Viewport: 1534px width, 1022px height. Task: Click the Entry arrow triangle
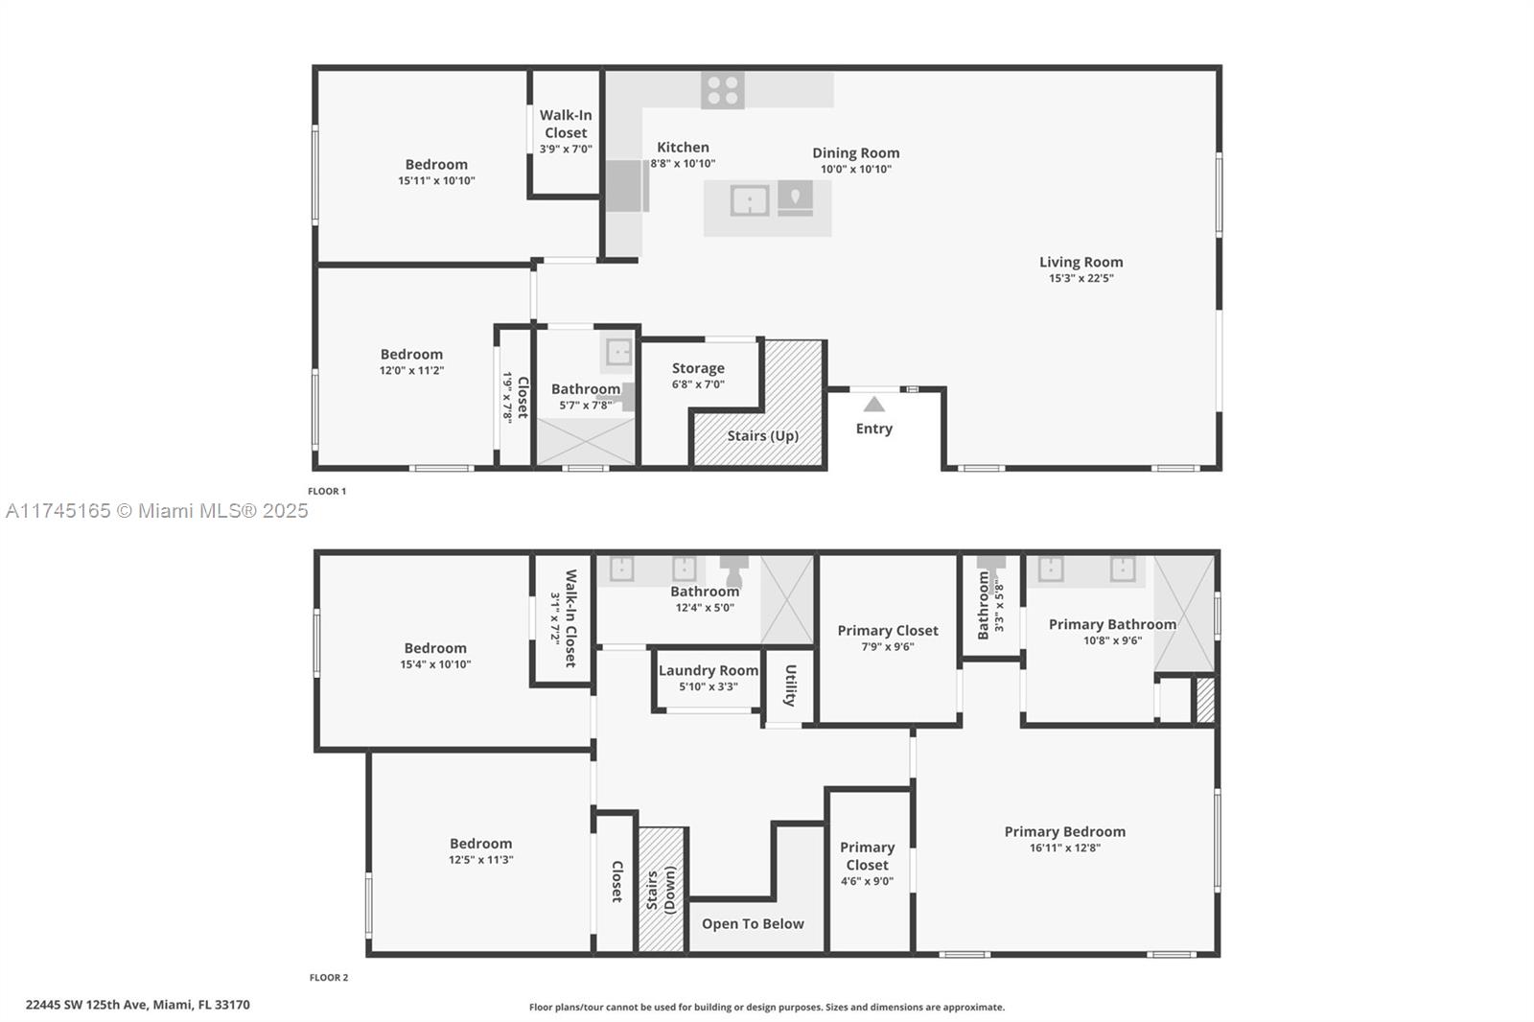873,405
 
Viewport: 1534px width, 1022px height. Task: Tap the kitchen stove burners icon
723,90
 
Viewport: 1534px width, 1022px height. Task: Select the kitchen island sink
749,200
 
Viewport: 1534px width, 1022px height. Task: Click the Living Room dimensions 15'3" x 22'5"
1081,278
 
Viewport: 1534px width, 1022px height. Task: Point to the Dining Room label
856,152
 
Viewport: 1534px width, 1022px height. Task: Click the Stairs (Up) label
763,436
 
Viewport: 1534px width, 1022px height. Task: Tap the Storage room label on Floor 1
698,368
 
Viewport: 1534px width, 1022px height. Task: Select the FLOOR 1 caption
327,491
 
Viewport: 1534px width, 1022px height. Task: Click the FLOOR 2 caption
329,978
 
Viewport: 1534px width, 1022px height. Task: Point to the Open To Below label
753,924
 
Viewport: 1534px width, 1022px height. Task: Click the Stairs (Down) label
661,890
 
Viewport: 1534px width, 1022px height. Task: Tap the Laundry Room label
709,670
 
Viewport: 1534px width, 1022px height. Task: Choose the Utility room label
790,685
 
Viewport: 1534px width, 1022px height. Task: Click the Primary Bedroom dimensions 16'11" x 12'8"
1065,848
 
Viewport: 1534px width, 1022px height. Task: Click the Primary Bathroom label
1112,625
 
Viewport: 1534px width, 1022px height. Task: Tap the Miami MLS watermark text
157,511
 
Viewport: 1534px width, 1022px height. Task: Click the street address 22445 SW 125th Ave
86,1005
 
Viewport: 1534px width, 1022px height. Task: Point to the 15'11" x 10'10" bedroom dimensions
436,181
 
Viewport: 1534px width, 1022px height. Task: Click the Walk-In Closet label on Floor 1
566,124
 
